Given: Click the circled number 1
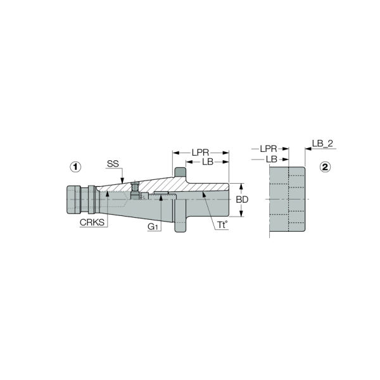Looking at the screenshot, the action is pos(75,167).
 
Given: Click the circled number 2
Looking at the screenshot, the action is pos(326,167).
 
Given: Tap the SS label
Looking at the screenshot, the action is pos(113,164).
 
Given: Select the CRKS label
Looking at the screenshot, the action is pos(92,222).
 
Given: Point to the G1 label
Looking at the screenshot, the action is pos(153,227).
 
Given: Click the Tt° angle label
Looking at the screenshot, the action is pos(222,225).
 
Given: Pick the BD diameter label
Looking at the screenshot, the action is pos(242,199).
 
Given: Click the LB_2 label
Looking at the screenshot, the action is pos(322,144).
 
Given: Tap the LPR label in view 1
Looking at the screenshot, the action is pos(200,153).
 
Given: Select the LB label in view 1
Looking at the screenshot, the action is pos(208,161).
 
